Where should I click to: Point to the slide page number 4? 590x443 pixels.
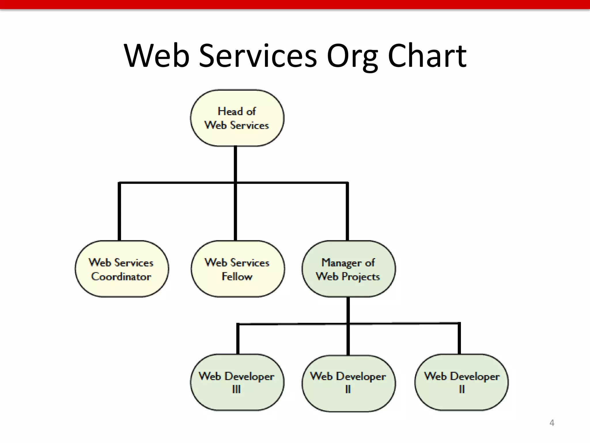pyautogui.click(x=552, y=423)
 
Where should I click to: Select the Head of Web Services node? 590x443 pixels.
pyautogui.click(x=237, y=118)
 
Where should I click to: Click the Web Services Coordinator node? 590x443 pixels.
pyautogui.click(x=122, y=269)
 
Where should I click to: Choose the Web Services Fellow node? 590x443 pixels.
pyautogui.click(x=237, y=269)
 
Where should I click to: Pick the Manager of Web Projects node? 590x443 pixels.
pyautogui.click(x=348, y=269)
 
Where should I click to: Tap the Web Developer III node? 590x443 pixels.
pyautogui.click(x=237, y=382)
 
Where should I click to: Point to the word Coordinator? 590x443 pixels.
pyautogui.click(x=121, y=276)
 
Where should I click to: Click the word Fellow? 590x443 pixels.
pyautogui.click(x=237, y=276)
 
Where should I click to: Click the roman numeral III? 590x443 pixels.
pyautogui.click(x=236, y=389)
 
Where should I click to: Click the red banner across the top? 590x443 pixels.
pyautogui.click(x=295, y=4)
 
